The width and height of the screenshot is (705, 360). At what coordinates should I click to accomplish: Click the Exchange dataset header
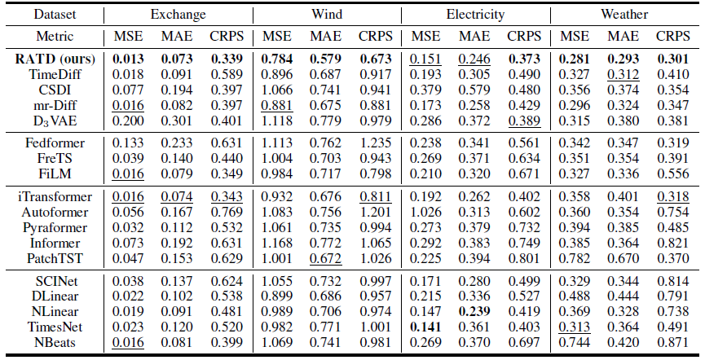pyautogui.click(x=178, y=15)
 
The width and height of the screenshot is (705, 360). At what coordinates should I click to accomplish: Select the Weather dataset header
pyautogui.click(x=624, y=15)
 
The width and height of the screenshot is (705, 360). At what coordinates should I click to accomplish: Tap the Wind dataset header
pyautogui.click(x=327, y=14)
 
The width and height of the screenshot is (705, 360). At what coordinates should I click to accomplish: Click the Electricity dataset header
pyautogui.click(x=475, y=15)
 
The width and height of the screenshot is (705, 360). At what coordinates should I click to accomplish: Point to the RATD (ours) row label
pyautogui.click(x=55, y=59)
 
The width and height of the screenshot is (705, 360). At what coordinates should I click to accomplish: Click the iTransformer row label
pyautogui.click(x=55, y=196)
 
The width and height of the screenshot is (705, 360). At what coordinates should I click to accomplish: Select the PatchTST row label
pyautogui.click(x=55, y=258)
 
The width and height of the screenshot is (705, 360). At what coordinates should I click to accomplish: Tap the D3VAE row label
pyautogui.click(x=55, y=121)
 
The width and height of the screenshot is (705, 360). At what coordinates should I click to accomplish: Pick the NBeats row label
pyautogui.click(x=55, y=342)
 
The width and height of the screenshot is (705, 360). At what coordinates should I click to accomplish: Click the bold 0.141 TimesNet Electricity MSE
pyautogui.click(x=425, y=327)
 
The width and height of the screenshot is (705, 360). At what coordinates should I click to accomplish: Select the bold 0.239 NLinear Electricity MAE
pyautogui.click(x=474, y=311)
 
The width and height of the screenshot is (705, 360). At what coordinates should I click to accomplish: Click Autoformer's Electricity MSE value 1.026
pyautogui.click(x=425, y=212)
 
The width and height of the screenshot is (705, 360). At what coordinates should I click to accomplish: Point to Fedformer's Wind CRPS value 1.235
pyautogui.click(x=376, y=143)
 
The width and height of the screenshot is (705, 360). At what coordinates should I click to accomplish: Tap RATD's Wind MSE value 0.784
pyautogui.click(x=277, y=59)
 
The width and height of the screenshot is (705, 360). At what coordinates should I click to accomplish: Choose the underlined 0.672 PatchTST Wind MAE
pyautogui.click(x=325, y=258)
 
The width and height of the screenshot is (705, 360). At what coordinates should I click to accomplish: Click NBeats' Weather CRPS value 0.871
pyautogui.click(x=672, y=342)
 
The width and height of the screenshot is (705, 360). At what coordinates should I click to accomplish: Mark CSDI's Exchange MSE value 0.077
pyautogui.click(x=128, y=90)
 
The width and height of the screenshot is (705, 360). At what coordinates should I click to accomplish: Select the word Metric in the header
pyautogui.click(x=55, y=36)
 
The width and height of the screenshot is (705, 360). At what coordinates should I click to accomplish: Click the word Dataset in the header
pyautogui.click(x=55, y=15)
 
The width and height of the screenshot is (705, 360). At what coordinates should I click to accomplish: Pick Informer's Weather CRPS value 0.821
pyautogui.click(x=672, y=244)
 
